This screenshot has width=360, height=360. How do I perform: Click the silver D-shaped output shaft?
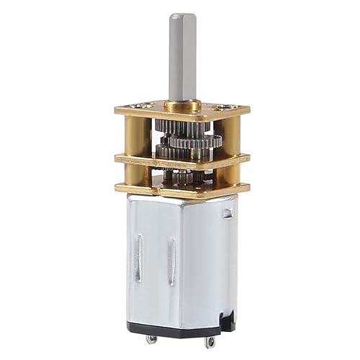pyautogui.click(x=179, y=58)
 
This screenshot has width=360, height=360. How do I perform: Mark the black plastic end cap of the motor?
pyautogui.click(x=180, y=328)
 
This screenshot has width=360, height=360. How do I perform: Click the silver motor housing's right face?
pyautogui.click(x=216, y=266)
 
